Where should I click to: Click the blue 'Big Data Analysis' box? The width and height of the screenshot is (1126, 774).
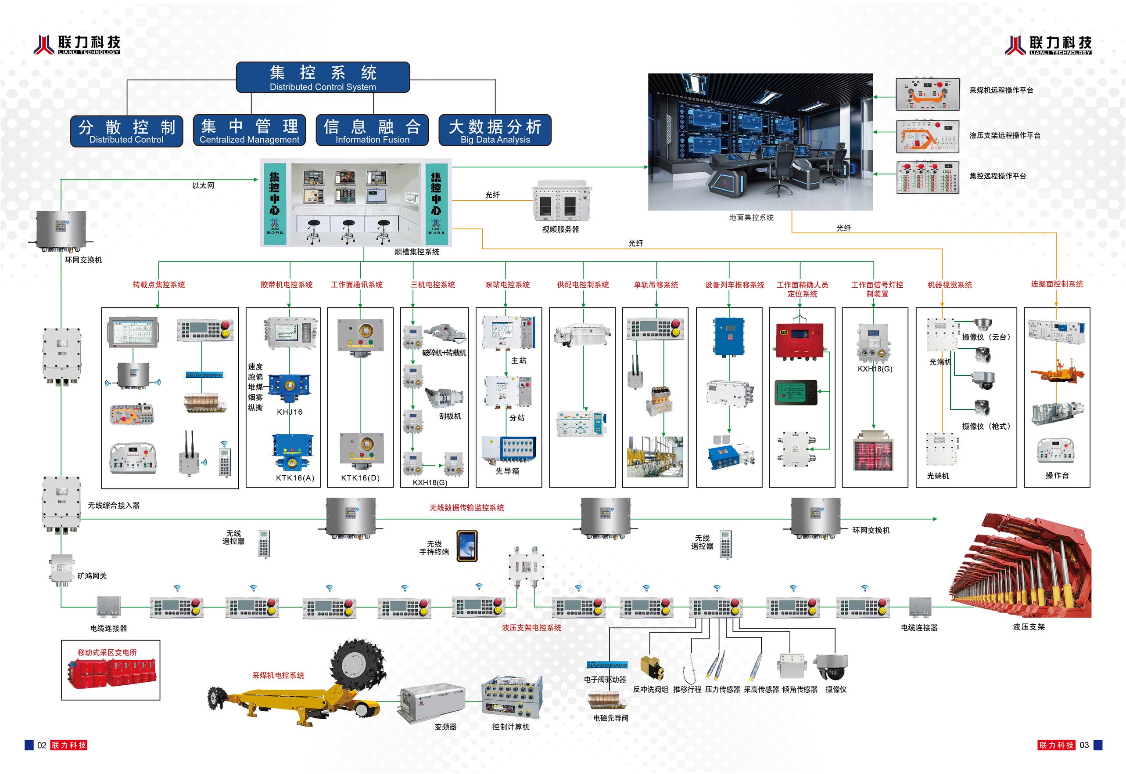pyautogui.click(x=495, y=130)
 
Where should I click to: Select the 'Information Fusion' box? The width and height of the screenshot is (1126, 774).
pyautogui.click(x=372, y=130)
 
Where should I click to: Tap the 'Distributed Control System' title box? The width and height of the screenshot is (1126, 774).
pyautogui.click(x=323, y=77)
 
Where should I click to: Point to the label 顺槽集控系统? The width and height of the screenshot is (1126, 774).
pyautogui.click(x=417, y=252)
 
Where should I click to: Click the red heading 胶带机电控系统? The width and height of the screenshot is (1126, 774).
pyautogui.click(x=287, y=285)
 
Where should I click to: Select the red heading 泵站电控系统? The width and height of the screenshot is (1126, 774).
pyautogui.click(x=507, y=285)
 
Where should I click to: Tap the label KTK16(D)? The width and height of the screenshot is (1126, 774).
pyautogui.click(x=360, y=477)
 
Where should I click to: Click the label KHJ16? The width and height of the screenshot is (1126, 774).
pyautogui.click(x=289, y=412)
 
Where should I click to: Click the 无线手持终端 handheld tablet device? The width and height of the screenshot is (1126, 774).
pyautogui.click(x=467, y=546)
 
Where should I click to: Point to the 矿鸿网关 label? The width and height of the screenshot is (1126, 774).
pyautogui.click(x=92, y=575)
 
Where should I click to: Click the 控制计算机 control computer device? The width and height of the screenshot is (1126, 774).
pyautogui.click(x=512, y=696)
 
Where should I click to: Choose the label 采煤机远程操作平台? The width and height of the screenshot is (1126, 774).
pyautogui.click(x=1001, y=90)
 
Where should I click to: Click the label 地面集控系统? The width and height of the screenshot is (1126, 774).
pyautogui.click(x=752, y=217)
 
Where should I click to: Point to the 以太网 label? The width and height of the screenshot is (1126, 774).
pyautogui.click(x=203, y=185)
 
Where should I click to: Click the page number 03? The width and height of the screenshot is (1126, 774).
pyautogui.click(x=1084, y=745)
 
